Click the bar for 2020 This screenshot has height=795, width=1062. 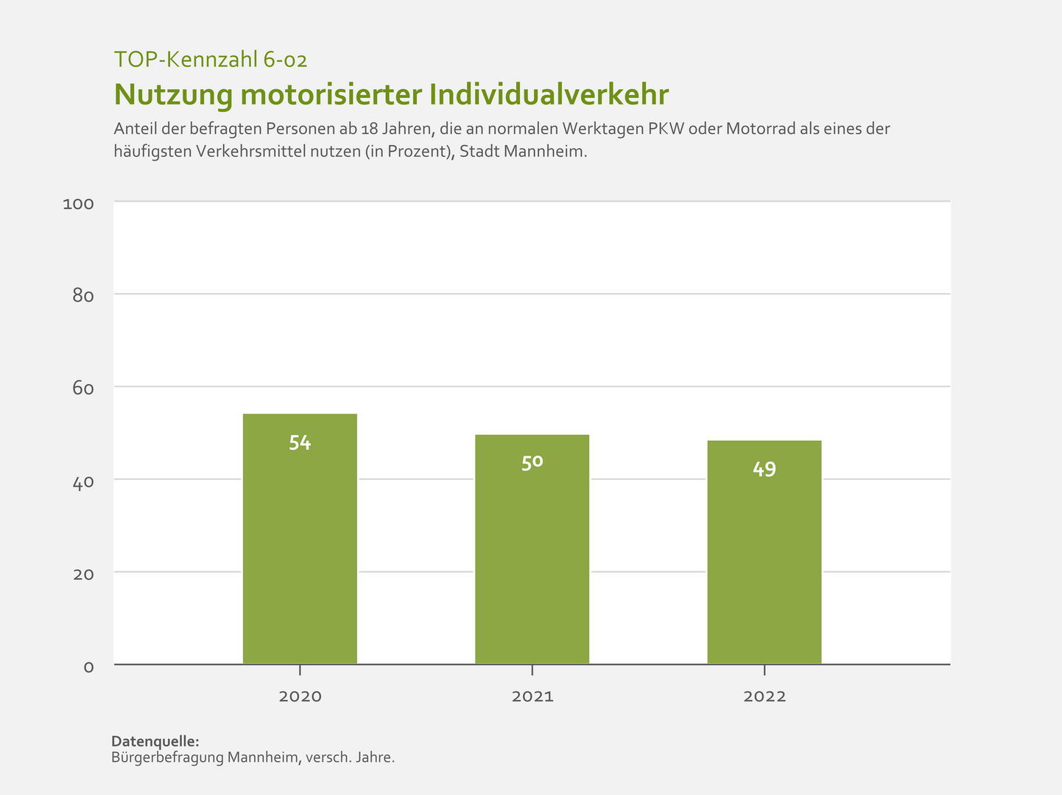point(300,539)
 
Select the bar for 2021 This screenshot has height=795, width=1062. point(532,549)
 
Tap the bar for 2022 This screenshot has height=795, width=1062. point(764,552)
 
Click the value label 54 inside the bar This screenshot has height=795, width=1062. point(300,443)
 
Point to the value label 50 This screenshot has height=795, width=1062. point(532,463)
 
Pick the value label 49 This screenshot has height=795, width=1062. point(764,469)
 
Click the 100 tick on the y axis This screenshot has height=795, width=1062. point(79,204)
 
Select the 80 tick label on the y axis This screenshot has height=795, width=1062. point(83,296)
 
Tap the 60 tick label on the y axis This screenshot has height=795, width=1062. point(83,389)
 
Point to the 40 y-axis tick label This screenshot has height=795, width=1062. point(83,481)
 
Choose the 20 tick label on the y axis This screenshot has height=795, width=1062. point(83,574)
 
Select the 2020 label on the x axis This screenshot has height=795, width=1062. point(300,696)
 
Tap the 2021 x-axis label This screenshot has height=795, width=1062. point(532,696)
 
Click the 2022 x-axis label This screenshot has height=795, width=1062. point(764,696)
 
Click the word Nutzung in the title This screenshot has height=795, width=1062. point(172,95)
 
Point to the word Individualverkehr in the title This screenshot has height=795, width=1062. point(549,95)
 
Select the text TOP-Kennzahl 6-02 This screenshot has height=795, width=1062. point(211,60)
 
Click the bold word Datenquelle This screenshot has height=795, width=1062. point(155,741)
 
